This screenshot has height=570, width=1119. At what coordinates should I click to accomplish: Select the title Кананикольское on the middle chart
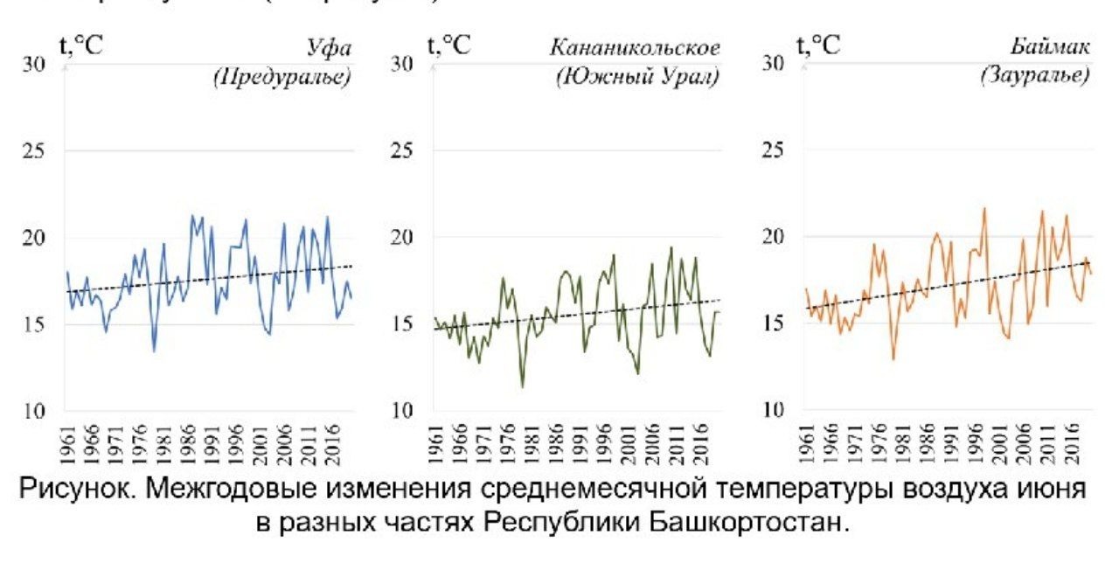(635, 48)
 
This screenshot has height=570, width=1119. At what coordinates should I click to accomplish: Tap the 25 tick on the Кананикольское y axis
(403, 151)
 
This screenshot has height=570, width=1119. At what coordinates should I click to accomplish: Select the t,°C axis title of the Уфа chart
(80, 45)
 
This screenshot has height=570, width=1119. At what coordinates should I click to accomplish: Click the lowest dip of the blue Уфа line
(154, 351)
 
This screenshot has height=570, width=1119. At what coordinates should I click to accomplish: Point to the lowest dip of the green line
(523, 386)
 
